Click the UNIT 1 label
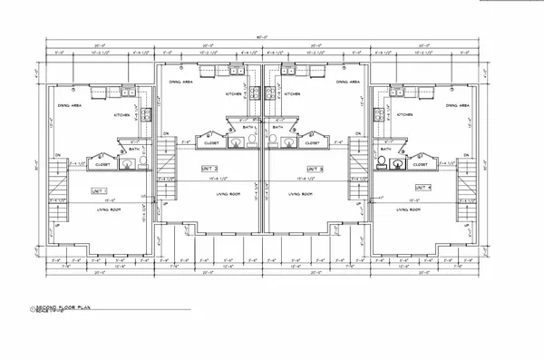pyautogui.click(x=99, y=192)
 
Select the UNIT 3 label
pyautogui.click(x=315, y=168)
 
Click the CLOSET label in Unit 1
pyautogui.click(x=102, y=164)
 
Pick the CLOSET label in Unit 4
pyautogui.click(x=421, y=164)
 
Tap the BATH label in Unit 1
pyautogui.click(x=133, y=149)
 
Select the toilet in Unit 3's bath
pyautogui.click(x=294, y=141)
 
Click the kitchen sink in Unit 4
pyautogui.click(x=398, y=92)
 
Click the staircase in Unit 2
pyautogui.click(x=165, y=160)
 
